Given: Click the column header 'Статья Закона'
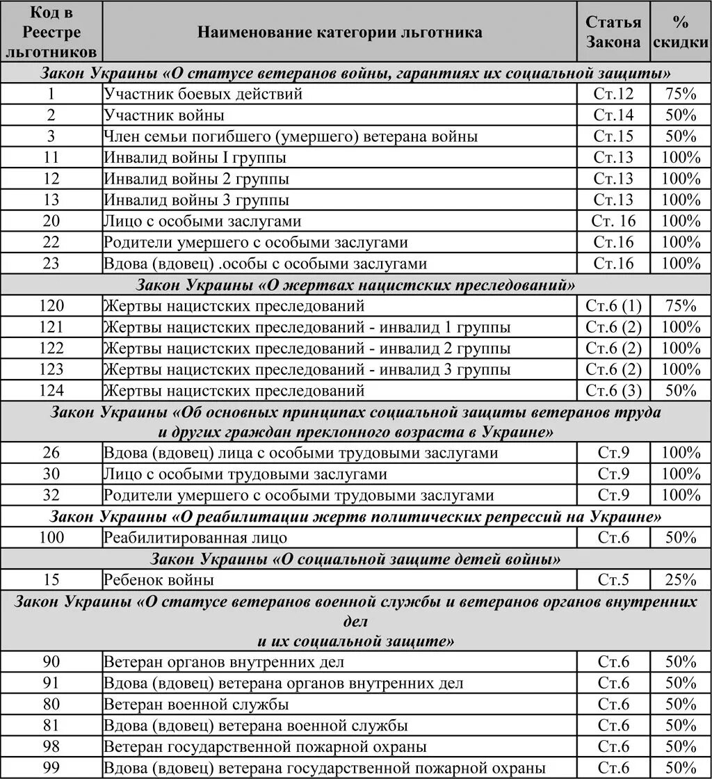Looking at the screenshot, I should tap(613, 32).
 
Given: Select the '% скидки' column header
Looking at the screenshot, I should tap(680, 32).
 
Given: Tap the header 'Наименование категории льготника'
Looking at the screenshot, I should tap(339, 32).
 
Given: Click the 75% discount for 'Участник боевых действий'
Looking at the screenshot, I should tap(680, 94).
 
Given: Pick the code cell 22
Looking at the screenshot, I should tap(51, 243).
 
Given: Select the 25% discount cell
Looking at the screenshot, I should tap(680, 580).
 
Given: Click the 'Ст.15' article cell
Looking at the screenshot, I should tap(613, 136).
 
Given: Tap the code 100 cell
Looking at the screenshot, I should tap(51, 538).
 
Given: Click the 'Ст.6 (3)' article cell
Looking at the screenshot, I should tap(613, 390).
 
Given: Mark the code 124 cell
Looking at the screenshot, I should tap(51, 390).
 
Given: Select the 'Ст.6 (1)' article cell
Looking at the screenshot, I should tap(613, 306).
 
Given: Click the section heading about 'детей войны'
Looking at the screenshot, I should tap(355, 559).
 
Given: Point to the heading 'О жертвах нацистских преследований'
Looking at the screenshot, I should tap(355, 285).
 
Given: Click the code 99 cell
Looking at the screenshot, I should tap(51, 768).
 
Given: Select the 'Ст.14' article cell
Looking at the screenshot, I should tap(613, 115).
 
